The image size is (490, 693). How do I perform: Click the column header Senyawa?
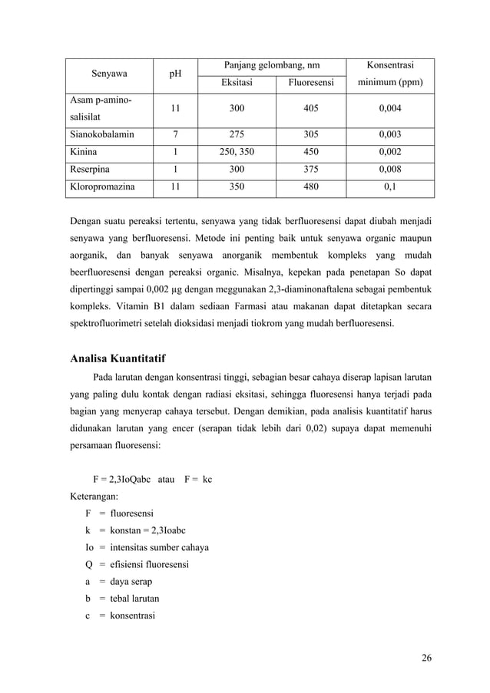coord(109,74)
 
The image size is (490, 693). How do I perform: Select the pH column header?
coord(175,74)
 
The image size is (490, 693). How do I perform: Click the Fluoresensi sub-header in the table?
coord(311,83)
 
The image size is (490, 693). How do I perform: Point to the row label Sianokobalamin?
coord(102,134)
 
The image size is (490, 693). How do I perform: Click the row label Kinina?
coord(84,151)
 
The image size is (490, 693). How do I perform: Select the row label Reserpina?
coord(90,169)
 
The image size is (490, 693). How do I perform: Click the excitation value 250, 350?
coord(237,151)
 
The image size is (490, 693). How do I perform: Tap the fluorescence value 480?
coord(311,186)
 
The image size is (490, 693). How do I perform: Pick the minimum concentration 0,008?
coord(390,169)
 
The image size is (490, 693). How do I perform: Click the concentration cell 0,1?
coord(390,186)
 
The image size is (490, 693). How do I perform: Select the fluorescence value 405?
coord(311,109)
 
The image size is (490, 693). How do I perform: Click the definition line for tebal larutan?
coord(122,598)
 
